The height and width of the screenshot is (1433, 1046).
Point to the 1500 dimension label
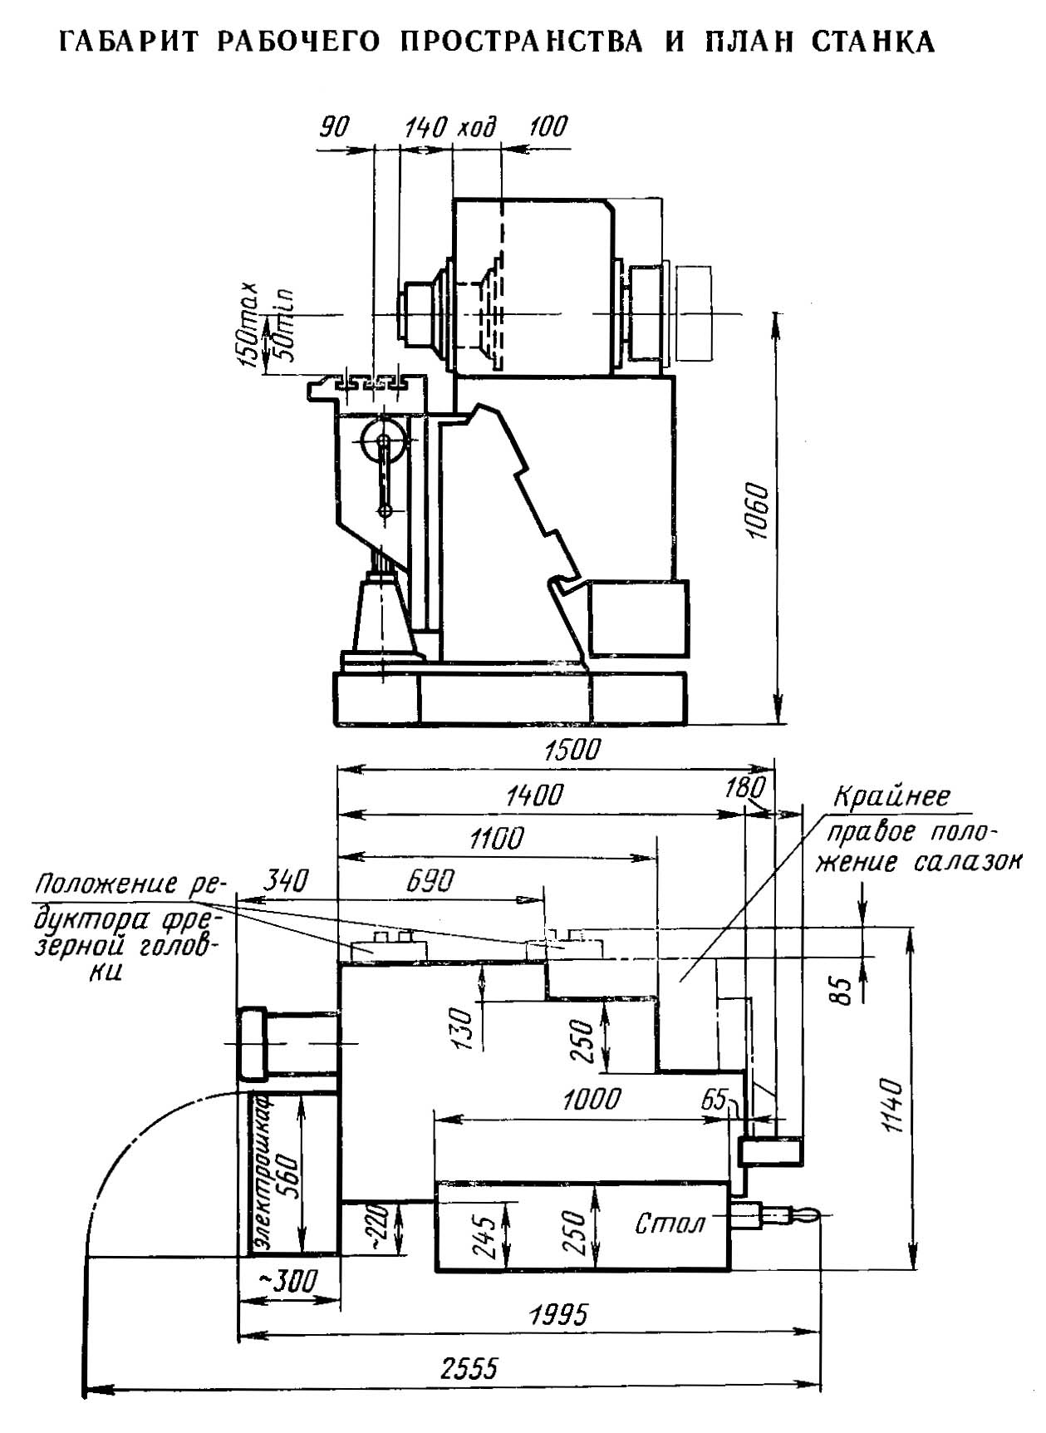[571, 750]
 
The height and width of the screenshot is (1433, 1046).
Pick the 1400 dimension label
[534, 795]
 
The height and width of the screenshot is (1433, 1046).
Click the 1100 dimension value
[496, 839]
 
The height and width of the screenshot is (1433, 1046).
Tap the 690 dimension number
[430, 881]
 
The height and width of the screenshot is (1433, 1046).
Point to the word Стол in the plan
[670, 1224]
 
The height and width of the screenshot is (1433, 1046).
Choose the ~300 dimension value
[287, 1281]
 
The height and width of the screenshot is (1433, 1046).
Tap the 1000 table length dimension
[591, 1100]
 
